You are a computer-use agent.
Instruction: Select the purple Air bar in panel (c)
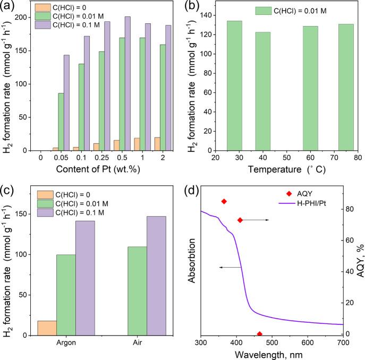[x=157, y=276]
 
